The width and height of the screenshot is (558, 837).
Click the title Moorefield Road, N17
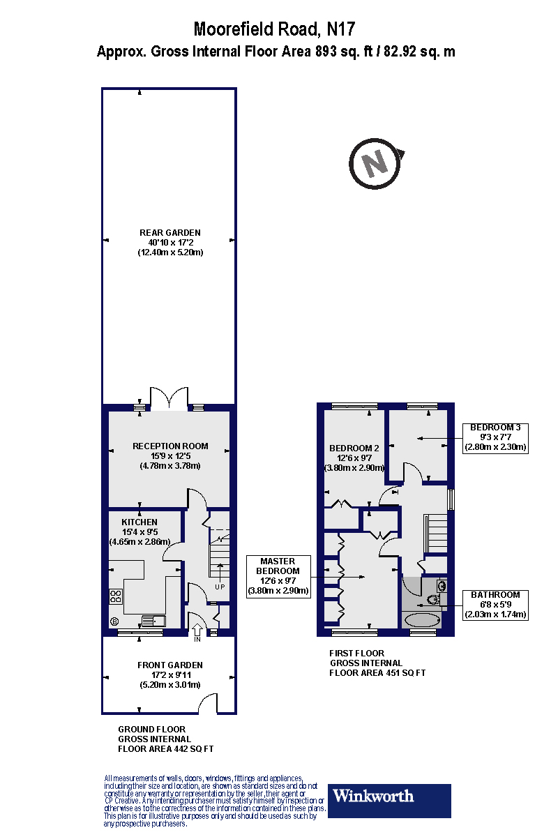pos(275,29)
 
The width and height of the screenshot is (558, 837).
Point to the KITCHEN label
pos(139,522)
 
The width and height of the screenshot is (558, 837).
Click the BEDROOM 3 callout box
pos(495,437)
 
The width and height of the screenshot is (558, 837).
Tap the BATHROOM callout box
pos(495,605)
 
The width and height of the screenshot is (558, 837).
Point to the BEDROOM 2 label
pos(354,448)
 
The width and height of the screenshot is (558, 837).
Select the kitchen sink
pos(152,620)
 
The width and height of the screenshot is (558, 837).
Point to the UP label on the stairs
pos(221,587)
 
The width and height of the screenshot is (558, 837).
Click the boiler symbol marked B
pos(114,622)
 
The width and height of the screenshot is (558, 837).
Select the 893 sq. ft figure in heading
pos(331,52)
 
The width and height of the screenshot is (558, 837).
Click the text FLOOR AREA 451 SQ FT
pos(377,673)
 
